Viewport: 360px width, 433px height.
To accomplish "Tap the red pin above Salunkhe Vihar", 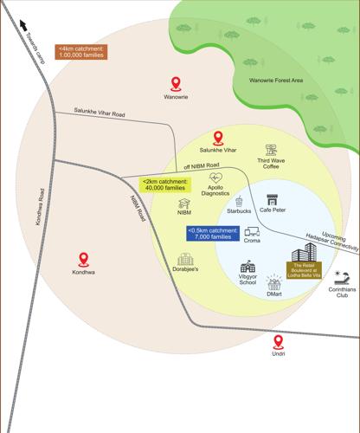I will [218, 137].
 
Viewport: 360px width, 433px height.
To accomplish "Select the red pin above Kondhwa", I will [84, 258].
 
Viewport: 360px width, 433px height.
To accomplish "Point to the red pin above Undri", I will [278, 342].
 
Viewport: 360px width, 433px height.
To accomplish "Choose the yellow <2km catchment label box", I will [163, 184].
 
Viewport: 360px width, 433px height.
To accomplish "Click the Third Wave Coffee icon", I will [271, 150].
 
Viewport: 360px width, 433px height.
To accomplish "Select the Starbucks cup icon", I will [238, 200].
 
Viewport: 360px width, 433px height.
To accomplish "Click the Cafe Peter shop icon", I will [272, 198].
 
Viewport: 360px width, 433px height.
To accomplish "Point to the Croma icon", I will [253, 232].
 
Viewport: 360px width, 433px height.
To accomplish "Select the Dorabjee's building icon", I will [183, 260].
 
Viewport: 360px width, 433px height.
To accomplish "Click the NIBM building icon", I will [183, 202].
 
